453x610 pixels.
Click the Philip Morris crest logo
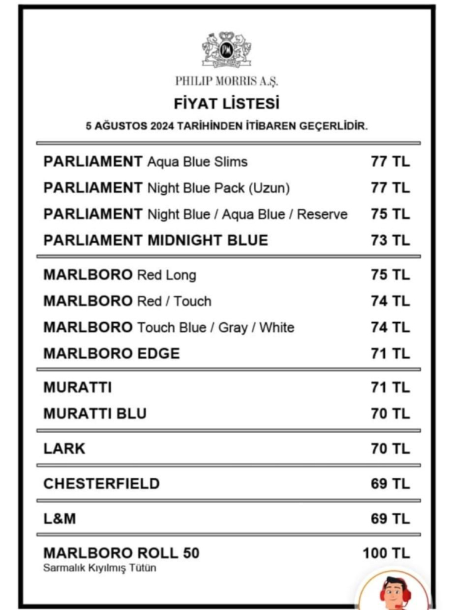coord(226,49)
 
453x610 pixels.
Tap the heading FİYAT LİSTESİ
coord(226,104)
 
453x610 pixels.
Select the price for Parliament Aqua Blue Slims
coord(390,162)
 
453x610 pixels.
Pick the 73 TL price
coord(390,240)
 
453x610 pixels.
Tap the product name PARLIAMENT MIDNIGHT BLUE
coord(155,240)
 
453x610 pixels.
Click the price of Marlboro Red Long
coord(390,275)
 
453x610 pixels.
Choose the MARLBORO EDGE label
coord(112,354)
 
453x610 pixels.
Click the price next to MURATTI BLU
coord(390,414)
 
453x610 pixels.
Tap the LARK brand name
coord(65,449)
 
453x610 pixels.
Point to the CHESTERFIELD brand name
coord(101,484)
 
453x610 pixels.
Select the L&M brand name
coord(60,519)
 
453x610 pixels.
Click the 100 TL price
coord(386,553)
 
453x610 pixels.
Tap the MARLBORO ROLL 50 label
coord(121,553)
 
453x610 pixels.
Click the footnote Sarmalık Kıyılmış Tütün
coord(100,568)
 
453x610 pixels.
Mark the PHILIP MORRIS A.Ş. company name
coord(226,81)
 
